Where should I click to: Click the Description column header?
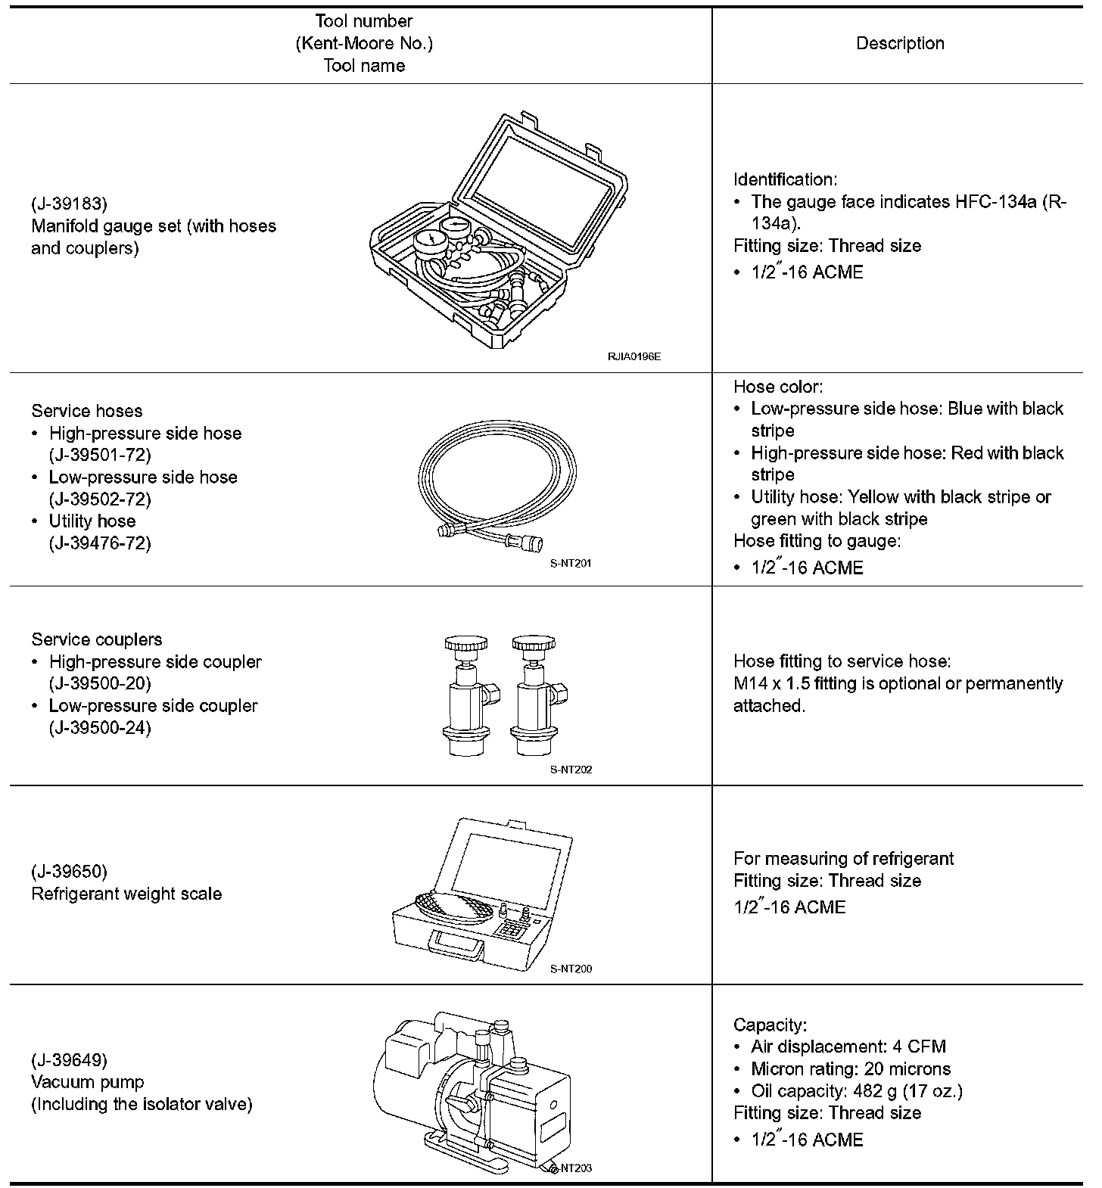[899, 43]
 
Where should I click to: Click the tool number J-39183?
[70, 204]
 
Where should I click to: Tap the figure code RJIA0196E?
[633, 356]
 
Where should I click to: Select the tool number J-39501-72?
[100, 455]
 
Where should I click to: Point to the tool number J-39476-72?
[100, 543]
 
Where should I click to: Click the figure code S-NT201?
[571, 563]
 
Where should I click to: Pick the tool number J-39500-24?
[100, 727]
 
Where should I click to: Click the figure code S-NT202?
[571, 770]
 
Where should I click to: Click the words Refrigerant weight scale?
[126, 894]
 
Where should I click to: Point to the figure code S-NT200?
[571, 969]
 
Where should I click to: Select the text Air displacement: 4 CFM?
[848, 1046]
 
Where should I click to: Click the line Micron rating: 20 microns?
[850, 1068]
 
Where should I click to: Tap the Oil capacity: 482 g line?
[856, 1090]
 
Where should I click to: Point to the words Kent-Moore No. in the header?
[364, 43]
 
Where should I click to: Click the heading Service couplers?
[97, 639]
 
